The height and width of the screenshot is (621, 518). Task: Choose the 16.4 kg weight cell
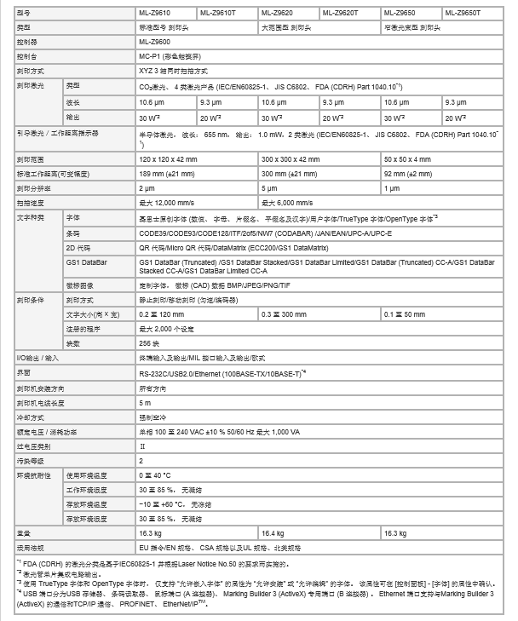click(273, 532)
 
